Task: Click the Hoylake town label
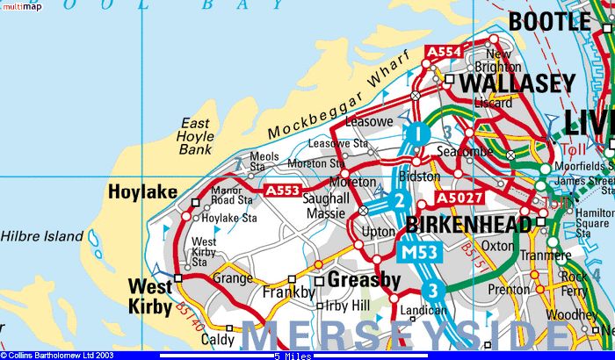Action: point(141,191)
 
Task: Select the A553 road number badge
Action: point(283,190)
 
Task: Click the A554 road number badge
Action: point(443,53)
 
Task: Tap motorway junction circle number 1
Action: point(418,134)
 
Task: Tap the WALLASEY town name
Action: point(517,83)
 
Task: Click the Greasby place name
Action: point(364,280)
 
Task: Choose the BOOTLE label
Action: point(550,20)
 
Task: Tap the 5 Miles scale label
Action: point(291,356)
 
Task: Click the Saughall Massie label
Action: point(326,209)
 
